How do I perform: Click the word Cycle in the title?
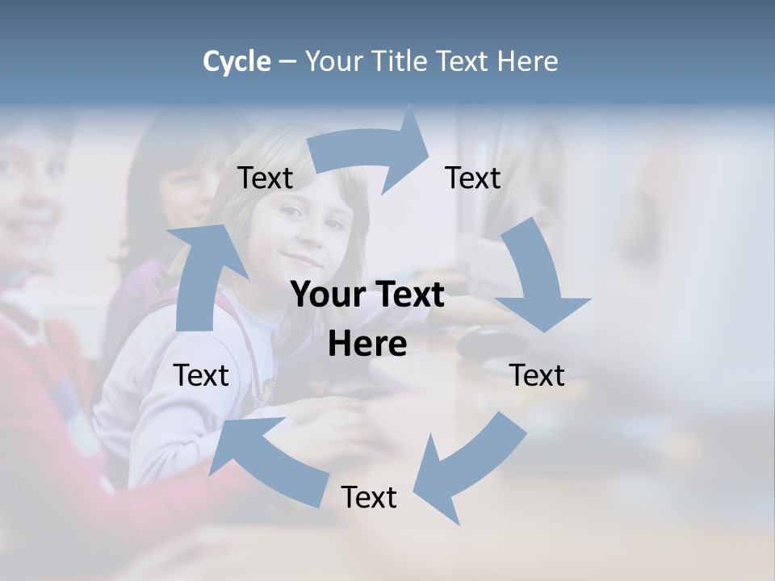237,61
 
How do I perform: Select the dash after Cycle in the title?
287,62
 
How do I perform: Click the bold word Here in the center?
367,344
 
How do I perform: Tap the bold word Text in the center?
410,295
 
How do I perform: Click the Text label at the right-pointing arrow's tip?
473,178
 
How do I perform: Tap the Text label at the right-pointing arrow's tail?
266,178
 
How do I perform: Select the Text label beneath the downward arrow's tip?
538,375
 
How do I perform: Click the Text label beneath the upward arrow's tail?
201,375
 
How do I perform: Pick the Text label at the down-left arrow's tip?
369,497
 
